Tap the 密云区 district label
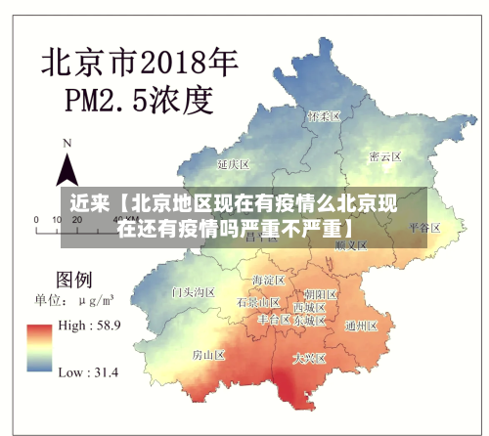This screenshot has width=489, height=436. click(385, 156)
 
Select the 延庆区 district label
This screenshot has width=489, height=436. click(235, 163)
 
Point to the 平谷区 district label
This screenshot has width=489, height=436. click(425, 227)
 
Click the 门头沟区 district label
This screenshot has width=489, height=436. click(193, 291)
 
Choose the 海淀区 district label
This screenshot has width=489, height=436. click(268, 280)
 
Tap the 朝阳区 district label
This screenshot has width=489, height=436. click(321, 293)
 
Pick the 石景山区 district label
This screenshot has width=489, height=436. click(258, 303)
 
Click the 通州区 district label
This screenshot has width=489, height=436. click(361, 326)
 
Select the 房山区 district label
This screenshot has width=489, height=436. click(208, 354)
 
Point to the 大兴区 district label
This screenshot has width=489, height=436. click(310, 358)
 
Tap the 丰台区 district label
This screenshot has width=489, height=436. click(274, 320)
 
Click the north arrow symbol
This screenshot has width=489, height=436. click(67, 169)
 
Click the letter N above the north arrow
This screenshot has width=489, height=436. click(67, 143)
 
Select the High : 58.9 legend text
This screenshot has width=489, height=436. click(89, 326)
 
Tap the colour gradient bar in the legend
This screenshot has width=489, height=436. click(39, 348)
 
